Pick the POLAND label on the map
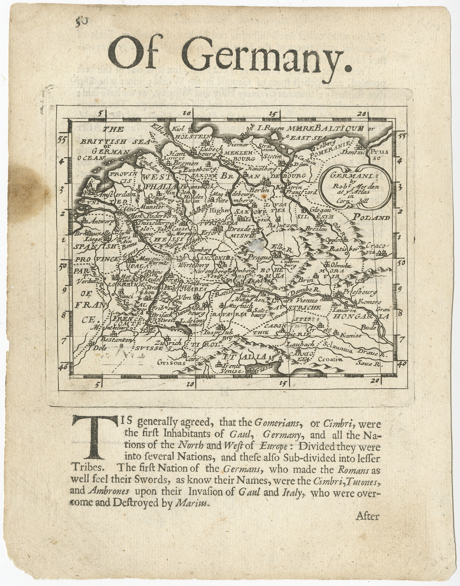click(x=371, y=218)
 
